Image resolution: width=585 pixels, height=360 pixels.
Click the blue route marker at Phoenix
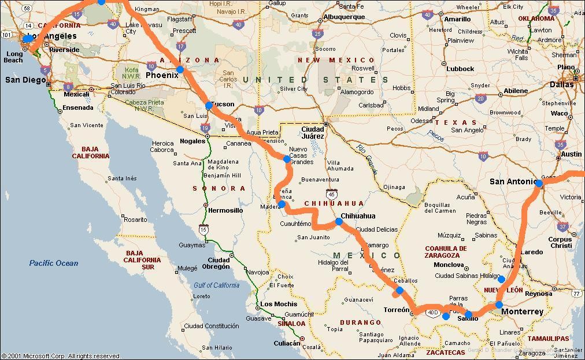[180, 69]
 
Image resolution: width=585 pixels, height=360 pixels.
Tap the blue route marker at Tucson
[209, 106]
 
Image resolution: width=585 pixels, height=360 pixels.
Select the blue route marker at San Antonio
[539, 183]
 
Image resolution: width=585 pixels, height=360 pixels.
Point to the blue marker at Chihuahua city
[339, 221]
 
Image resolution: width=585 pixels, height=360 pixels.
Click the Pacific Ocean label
[54, 263]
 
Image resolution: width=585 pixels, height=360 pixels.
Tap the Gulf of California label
[216, 285]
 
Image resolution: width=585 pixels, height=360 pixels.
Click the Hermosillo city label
[225, 210]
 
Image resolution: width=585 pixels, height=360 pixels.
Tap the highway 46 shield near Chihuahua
[331, 194]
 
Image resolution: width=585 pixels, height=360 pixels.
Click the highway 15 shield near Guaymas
[203, 230]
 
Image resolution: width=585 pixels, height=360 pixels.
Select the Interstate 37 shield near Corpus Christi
[563, 227]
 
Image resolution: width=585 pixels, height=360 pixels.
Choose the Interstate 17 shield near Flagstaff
[181, 47]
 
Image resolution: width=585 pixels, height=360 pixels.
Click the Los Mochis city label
[279, 304]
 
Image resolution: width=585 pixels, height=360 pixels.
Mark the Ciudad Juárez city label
[313, 132]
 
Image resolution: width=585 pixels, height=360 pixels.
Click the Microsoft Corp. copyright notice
[61, 356]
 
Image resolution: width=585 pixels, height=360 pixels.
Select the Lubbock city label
[460, 69]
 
